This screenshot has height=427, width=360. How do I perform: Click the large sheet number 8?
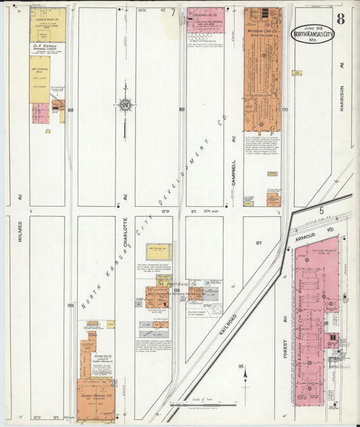tap(340, 19)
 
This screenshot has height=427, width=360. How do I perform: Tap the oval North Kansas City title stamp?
tap(312, 34)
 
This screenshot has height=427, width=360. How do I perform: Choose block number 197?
tap(257, 242)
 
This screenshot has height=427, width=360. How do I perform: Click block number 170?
tap(284, 109)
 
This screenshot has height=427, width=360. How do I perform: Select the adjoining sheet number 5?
tap(322, 211)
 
